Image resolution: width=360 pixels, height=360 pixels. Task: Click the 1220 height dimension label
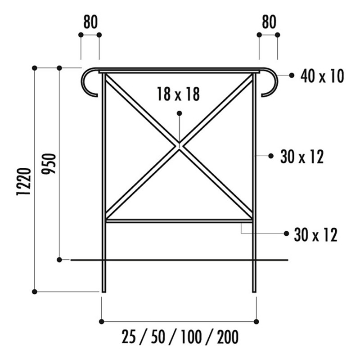click(x=23, y=182)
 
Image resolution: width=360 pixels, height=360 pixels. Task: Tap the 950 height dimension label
click(x=49, y=164)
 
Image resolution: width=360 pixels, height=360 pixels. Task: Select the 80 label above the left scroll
click(x=90, y=22)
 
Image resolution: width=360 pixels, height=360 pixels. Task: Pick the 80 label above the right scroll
click(x=269, y=22)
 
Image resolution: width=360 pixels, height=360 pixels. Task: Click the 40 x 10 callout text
click(x=322, y=76)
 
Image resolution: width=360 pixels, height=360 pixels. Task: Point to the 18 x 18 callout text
click(x=178, y=94)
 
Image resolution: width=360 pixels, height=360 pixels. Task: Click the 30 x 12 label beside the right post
click(x=302, y=157)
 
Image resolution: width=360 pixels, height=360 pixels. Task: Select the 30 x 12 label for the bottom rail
click(x=316, y=235)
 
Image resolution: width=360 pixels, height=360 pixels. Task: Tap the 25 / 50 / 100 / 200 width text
click(x=180, y=337)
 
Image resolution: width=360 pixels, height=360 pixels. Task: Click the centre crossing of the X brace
click(x=179, y=145)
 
